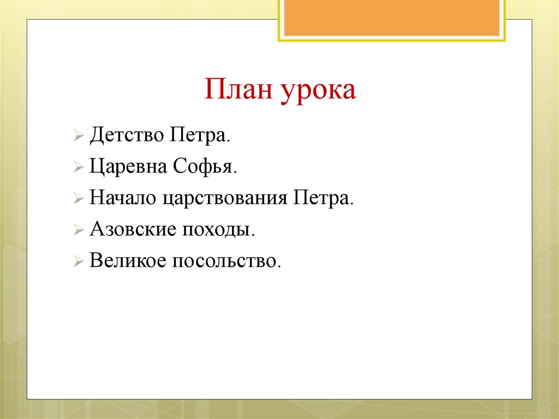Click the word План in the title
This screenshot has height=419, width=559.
click(x=240, y=90)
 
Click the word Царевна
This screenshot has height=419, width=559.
click(x=128, y=166)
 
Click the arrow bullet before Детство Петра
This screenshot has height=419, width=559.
click(x=79, y=135)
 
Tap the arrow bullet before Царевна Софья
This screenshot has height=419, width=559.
click(x=79, y=167)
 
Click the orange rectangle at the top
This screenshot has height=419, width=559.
click(x=391, y=17)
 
